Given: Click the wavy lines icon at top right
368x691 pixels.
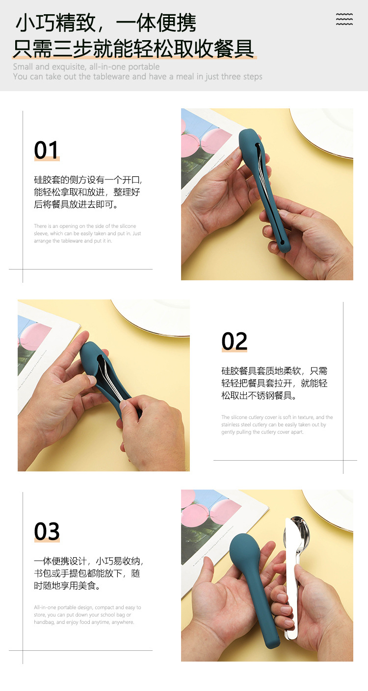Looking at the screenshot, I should point(344,19).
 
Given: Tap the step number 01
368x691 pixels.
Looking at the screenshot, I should point(47,150).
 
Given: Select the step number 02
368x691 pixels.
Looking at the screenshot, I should point(234,342).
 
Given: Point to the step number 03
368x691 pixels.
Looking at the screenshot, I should point(47,532).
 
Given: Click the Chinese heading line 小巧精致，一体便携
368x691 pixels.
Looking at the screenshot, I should point(106,23).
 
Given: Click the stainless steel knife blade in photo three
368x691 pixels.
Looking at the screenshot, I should point(290,578).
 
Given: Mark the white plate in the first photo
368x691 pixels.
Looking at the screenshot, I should point(326,130).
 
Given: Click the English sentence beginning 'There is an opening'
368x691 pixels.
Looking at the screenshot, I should point(87,233).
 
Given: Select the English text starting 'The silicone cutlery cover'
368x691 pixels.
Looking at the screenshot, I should point(277,424).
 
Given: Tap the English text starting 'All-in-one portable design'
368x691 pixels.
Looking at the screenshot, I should point(87,615).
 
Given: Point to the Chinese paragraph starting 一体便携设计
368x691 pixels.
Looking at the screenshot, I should point(88,573).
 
